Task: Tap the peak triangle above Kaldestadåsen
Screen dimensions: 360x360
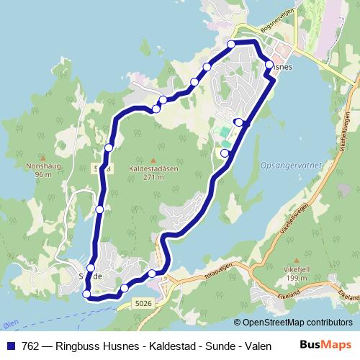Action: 153,160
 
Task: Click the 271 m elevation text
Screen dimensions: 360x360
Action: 153,177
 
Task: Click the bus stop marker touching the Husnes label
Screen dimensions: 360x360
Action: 269,65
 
